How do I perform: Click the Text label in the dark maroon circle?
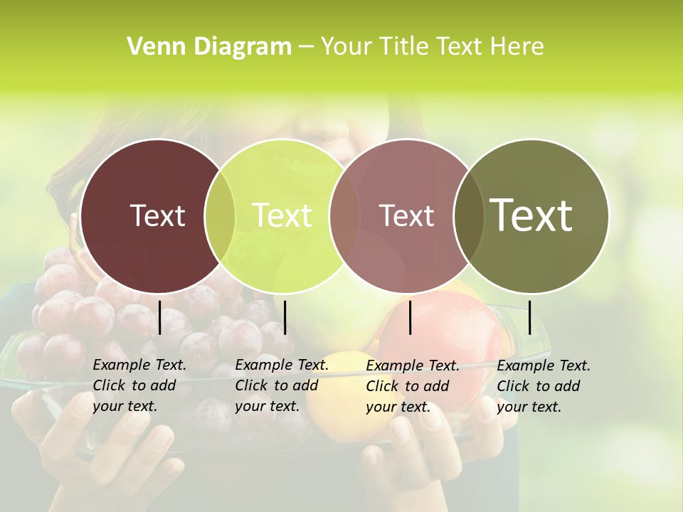click(157, 215)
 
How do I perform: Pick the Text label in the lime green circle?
click(282, 215)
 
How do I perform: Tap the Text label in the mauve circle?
click(406, 215)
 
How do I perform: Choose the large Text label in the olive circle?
click(531, 215)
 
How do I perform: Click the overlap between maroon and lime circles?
click(220, 215)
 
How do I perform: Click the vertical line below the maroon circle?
click(159, 317)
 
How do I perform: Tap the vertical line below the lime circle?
click(285, 317)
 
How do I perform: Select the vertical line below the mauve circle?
click(411, 317)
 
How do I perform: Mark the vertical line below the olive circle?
click(529, 317)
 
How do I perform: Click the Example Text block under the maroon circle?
click(139, 385)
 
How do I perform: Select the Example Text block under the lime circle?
click(282, 385)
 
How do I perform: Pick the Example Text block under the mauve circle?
click(413, 385)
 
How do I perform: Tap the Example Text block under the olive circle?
click(544, 385)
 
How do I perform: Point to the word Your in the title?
click(346, 47)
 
